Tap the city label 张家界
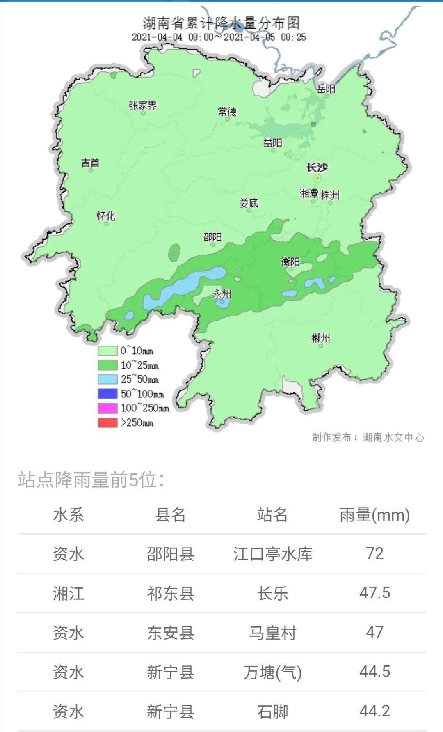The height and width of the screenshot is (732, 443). coord(143,106)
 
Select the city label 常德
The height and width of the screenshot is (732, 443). coord(227,111)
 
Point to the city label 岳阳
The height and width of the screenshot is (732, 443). coord(326,88)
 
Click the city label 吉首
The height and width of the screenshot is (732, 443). coord(90,163)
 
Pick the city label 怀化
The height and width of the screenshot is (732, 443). coord(106,216)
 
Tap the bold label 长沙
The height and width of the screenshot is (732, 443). coord(317,168)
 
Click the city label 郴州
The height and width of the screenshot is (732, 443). coord(320,338)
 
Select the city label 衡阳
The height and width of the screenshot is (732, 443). coord(290,262)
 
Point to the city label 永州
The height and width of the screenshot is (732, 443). coord(222,294)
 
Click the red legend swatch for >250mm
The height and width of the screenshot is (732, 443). coord(107,422)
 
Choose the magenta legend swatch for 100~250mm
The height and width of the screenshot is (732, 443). coord(107,408)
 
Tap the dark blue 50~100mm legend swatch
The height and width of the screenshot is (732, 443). coord(107,394)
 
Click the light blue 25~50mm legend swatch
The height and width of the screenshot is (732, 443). coord(107,379)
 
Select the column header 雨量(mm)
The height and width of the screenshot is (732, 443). coord(374,515)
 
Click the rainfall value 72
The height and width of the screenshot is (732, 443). coord(374,553)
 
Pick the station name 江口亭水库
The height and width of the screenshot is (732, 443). coord(273,554)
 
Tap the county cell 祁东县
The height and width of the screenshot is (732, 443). coord(170,593)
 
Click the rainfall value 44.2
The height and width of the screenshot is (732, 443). coord(374,711)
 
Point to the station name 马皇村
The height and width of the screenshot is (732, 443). coord(273,633)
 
